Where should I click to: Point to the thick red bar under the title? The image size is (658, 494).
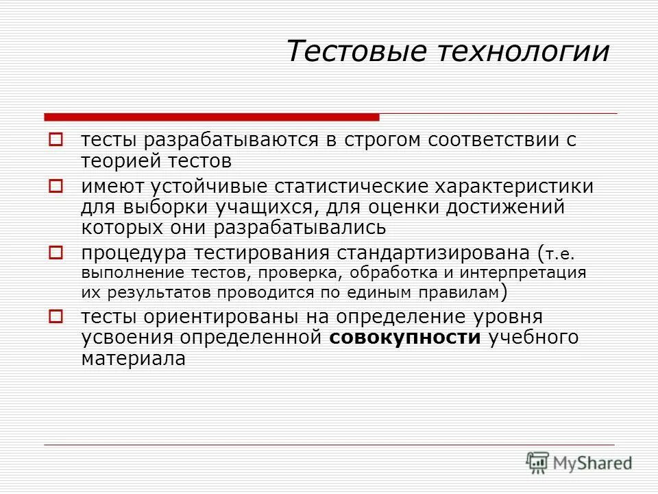click(x=211, y=117)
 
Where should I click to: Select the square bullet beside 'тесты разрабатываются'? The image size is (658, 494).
click(x=56, y=140)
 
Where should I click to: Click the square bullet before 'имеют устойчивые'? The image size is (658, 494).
click(x=56, y=185)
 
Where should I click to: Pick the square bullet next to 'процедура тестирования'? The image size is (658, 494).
click(x=56, y=252)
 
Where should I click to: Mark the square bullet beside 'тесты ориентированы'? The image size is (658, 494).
click(x=56, y=316)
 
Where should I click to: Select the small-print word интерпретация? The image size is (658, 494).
click(x=523, y=272)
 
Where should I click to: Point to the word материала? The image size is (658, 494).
click(x=134, y=359)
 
